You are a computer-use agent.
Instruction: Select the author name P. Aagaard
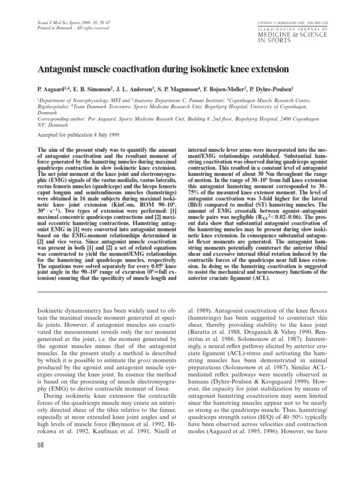tap(51, 87)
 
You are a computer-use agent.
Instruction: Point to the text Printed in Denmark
tap(53, 29)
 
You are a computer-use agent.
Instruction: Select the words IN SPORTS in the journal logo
tap(273, 40)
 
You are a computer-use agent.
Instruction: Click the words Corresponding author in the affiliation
tap(59, 119)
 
